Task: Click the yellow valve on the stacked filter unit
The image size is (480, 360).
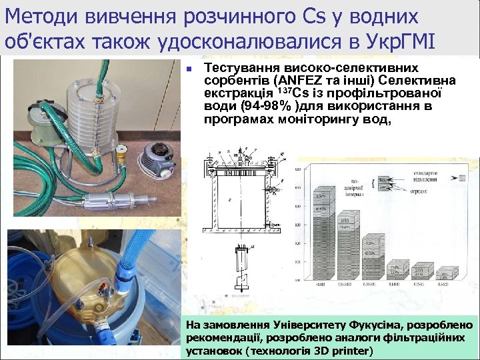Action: click(121, 158)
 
